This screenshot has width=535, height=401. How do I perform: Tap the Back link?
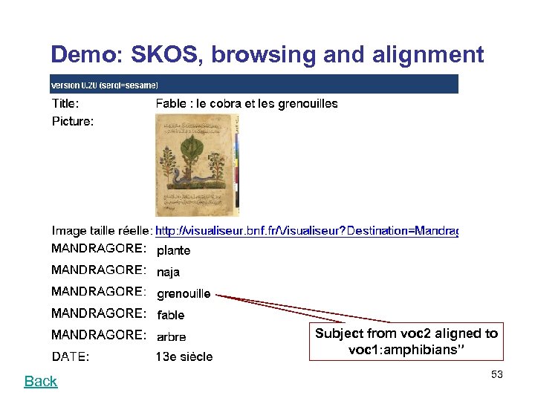[40, 381]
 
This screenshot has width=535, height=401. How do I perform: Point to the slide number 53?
[496, 375]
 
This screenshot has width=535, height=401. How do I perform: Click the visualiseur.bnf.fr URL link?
[306, 232]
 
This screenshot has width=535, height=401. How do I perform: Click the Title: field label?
[65, 104]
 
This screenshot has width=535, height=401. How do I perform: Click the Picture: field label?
[73, 121]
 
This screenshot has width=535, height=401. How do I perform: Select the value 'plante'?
[173, 251]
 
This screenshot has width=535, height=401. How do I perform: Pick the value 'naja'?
[168, 273]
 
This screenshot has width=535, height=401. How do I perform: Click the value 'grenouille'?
[184, 294]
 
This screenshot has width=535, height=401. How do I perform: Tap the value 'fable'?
[171, 316]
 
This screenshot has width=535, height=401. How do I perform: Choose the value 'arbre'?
[172, 337]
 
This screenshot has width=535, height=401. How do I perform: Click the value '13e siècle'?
[184, 357]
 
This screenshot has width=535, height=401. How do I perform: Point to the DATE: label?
[71, 357]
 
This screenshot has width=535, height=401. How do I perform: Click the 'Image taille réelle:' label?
[102, 232]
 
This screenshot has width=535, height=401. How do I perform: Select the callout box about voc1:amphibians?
[406, 342]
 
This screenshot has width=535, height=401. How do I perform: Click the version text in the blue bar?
[104, 85]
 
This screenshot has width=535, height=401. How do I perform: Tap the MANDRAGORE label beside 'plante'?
[98, 248]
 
